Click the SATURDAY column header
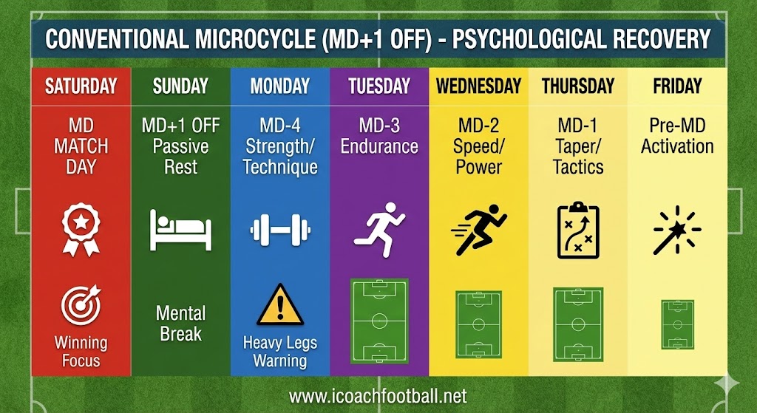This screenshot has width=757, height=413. click(81, 86)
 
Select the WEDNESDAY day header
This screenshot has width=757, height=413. click(478, 86)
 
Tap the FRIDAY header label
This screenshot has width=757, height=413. click(677, 86)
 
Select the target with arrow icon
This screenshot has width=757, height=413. click(81, 307)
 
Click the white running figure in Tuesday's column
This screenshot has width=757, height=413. click(378, 228)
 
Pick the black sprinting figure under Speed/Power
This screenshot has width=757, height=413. click(478, 229)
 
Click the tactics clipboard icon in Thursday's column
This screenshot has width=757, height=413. click(578, 229)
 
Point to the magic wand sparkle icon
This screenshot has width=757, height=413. click(676, 230)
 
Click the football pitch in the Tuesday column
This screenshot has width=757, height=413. click(379, 321)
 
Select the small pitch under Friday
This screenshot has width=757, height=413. click(677, 324)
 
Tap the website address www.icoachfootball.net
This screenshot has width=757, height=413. click(378, 397)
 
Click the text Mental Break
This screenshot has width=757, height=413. click(180, 324)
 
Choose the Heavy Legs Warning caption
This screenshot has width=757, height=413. click(280, 352)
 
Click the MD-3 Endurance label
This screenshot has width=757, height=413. click(379, 136)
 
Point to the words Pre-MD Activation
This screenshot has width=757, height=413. click(677, 136)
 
